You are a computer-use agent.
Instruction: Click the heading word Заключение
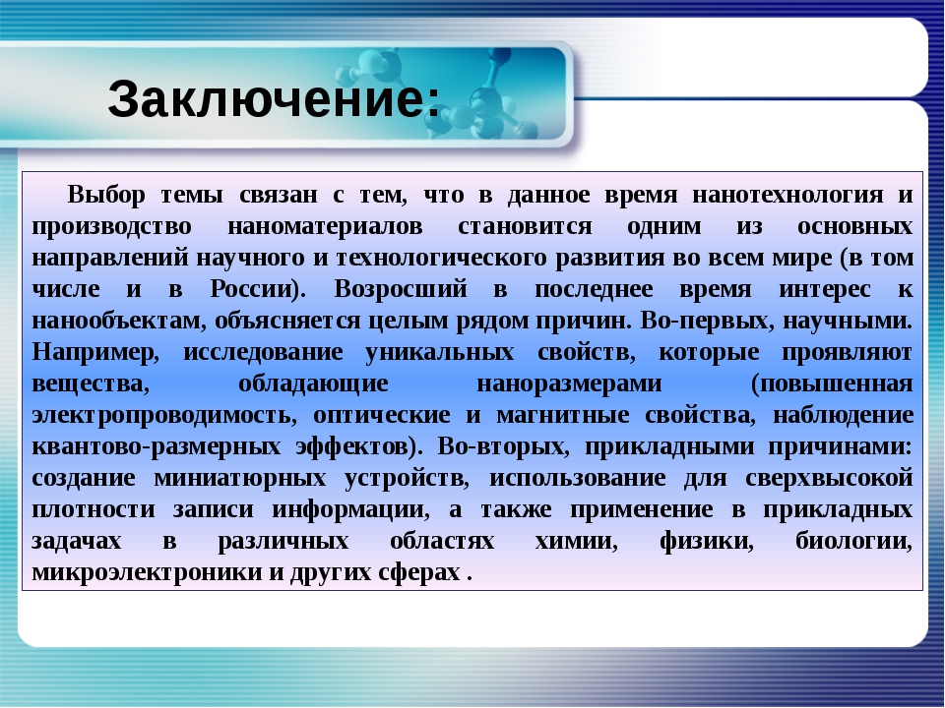coord(268,98)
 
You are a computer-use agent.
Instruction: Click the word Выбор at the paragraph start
coord(106,195)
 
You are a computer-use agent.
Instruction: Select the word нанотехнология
coord(787,195)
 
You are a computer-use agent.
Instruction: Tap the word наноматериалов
coord(325,226)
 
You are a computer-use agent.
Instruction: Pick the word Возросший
coord(401,289)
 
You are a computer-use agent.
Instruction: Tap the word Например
coord(94,352)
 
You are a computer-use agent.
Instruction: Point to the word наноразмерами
coord(569,383)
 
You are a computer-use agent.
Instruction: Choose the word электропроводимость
coord(163,415)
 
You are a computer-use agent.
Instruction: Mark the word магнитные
coord(562,415)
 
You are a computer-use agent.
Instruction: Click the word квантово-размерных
coord(157,446)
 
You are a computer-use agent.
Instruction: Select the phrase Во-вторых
coord(503,446)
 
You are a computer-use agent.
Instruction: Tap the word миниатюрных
coord(240,478)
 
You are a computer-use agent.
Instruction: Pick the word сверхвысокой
coord(829,478)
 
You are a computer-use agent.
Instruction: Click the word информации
coord(350,509)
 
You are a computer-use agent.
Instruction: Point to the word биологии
coord(853,541)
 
